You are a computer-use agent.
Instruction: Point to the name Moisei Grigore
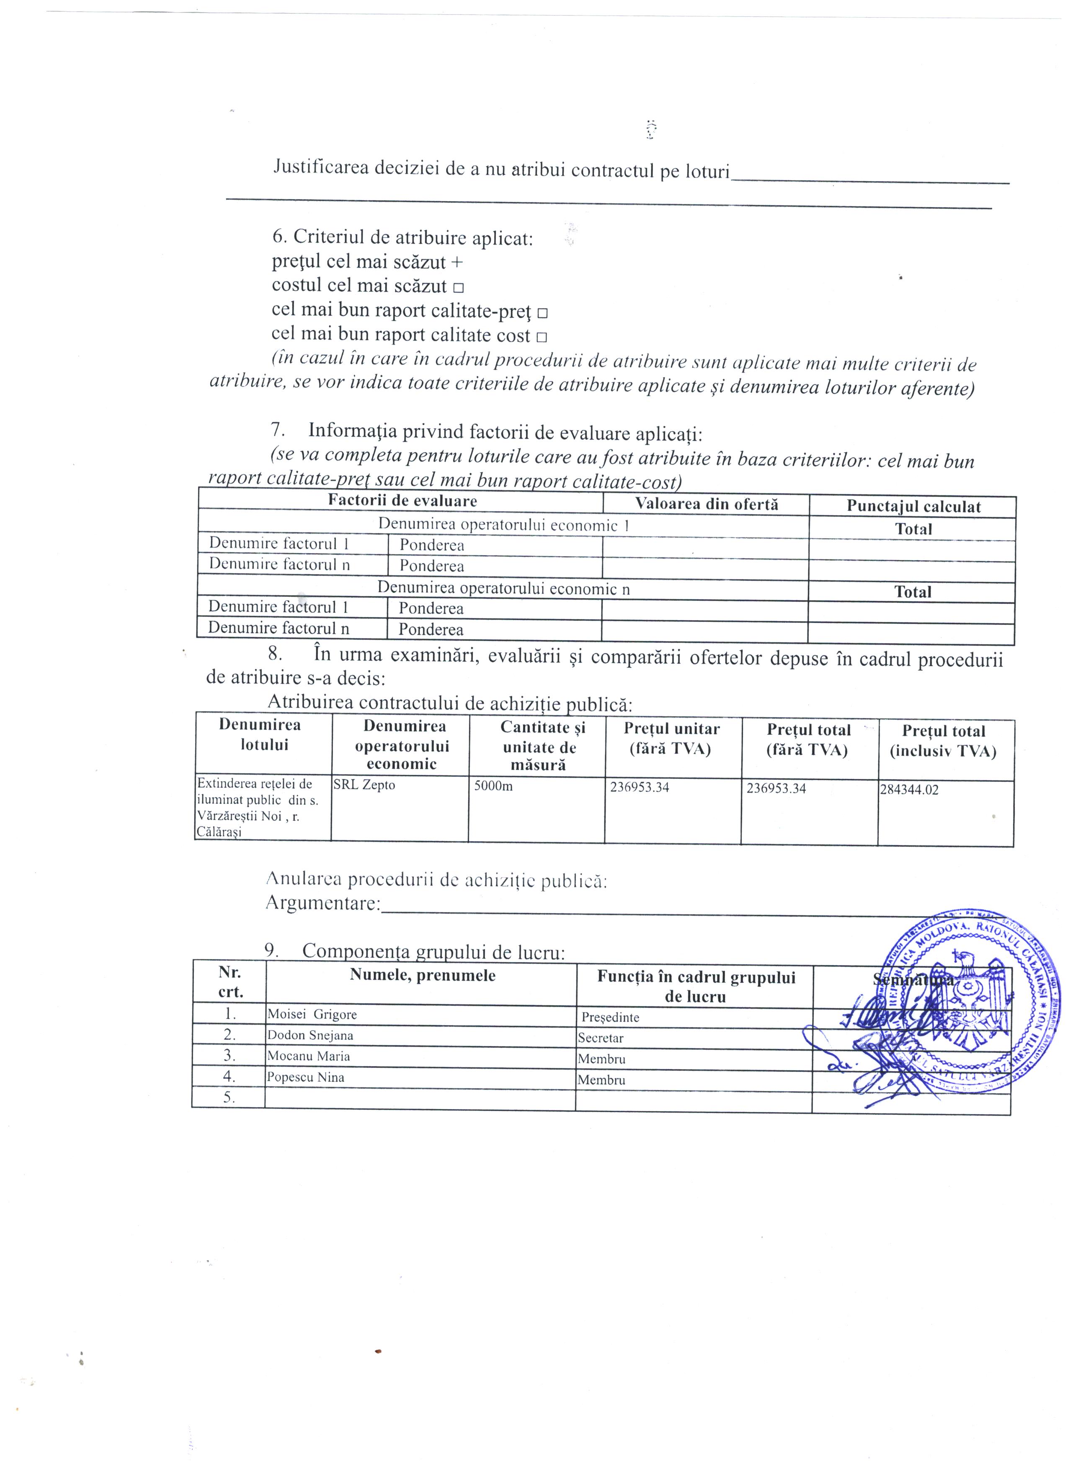pos(312,1015)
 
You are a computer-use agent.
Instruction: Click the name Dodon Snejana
pos(310,1036)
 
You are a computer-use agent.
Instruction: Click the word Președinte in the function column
pos(610,1018)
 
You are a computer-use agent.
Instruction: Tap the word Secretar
pos(601,1038)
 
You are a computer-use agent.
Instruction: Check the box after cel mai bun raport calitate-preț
pos(543,313)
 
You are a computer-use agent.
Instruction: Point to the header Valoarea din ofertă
pos(706,504)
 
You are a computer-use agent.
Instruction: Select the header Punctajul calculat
pos(913,507)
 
